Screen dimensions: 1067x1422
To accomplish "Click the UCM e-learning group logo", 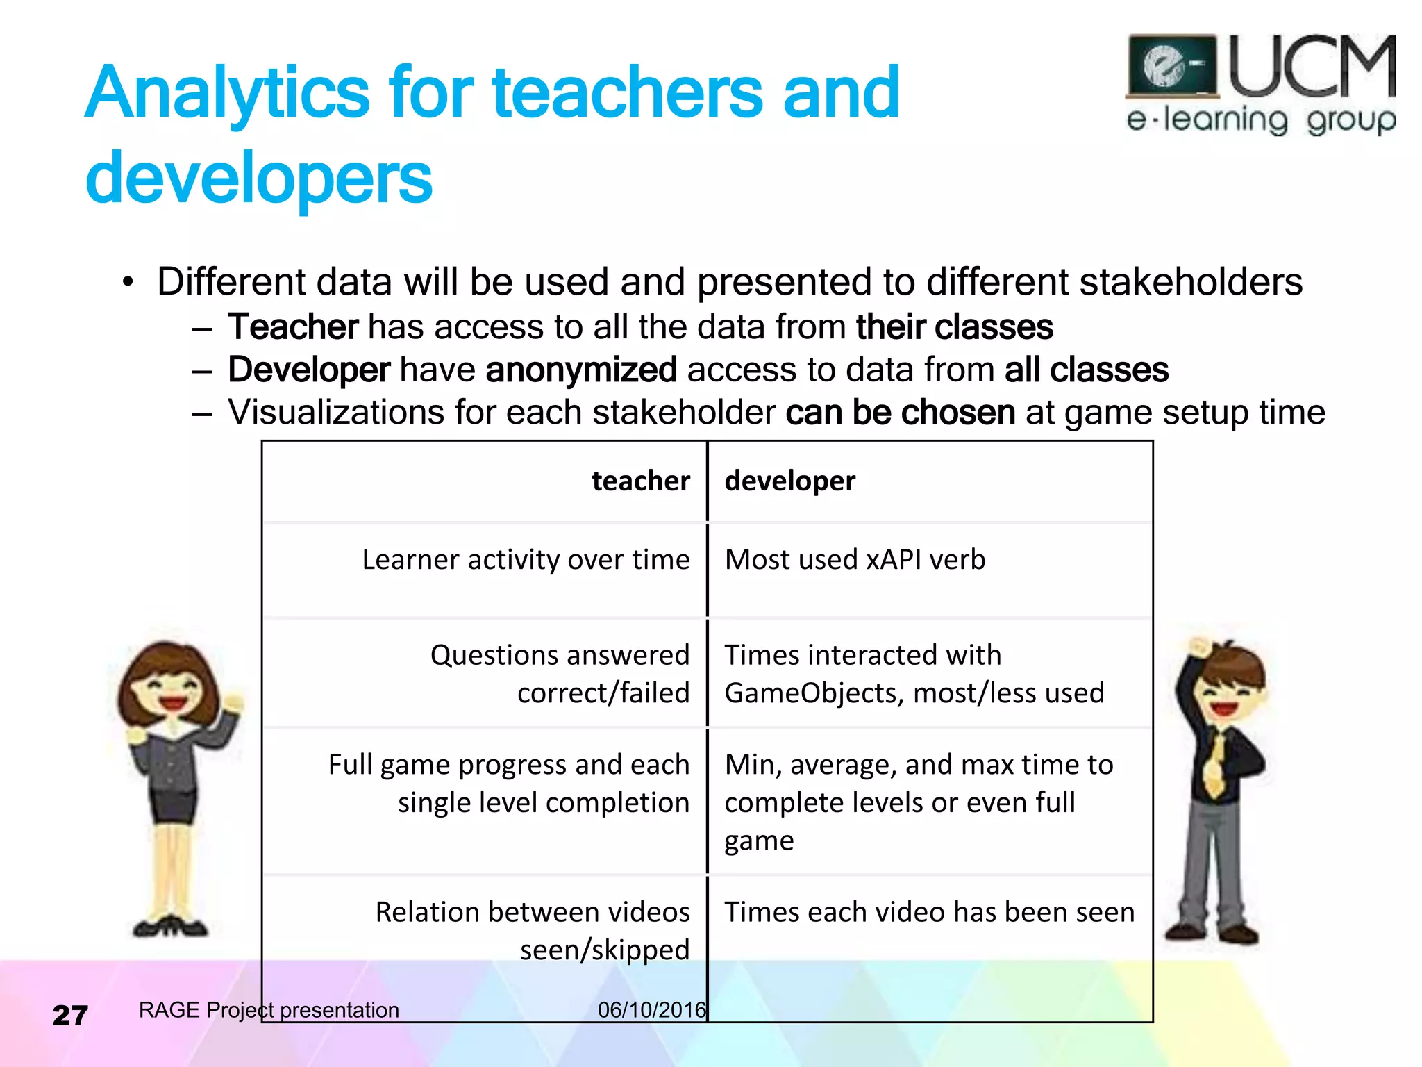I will pos(1260,83).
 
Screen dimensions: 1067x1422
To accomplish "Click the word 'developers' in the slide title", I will pos(258,178).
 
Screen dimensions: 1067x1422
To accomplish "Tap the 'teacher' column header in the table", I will pos(640,481).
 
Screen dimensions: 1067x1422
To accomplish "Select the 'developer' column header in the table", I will pos(789,481).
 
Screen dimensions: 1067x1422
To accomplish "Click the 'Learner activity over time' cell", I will pos(526,560).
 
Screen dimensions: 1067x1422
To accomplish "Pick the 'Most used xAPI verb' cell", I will pos(855,560).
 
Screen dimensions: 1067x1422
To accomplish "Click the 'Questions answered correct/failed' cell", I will pos(560,674).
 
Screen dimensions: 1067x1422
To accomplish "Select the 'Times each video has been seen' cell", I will pos(929,912).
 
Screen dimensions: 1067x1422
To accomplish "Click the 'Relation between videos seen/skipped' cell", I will pos(533,931).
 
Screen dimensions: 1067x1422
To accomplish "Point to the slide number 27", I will pos(70,1016).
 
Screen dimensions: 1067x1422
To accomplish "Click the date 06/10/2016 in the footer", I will pos(651,1010).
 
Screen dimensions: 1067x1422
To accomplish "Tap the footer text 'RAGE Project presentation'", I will pos(269,1010).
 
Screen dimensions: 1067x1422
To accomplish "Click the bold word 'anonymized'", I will pos(581,370).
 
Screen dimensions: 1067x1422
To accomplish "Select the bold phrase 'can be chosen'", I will pos(900,413).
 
